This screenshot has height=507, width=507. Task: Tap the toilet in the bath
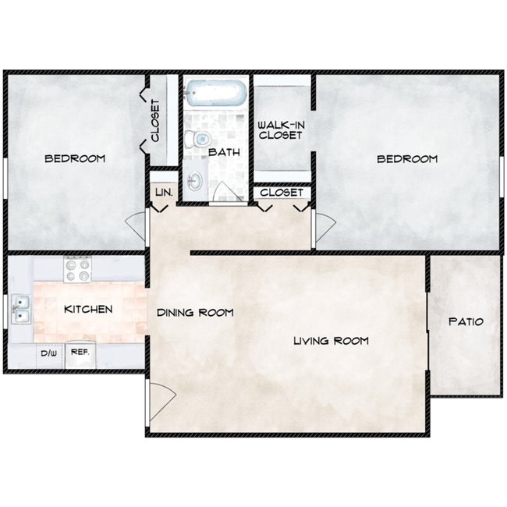pos(198,140)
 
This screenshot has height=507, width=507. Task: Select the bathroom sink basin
pos(195,180)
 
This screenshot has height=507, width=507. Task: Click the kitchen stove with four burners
pos(77,270)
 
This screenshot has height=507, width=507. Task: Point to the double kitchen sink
pos(21,310)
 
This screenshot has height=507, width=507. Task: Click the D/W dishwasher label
pos(49,353)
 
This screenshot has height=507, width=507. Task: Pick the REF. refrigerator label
pos(80,352)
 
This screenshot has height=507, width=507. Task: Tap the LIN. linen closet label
pos(165,193)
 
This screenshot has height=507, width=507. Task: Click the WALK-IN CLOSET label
pos(281,130)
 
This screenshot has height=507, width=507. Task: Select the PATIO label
pos(466,321)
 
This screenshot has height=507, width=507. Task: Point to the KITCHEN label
pos(88,309)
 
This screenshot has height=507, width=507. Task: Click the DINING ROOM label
pos(195,313)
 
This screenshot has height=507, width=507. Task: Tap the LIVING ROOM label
pos(331,341)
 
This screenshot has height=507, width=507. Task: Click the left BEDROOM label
pos(75,159)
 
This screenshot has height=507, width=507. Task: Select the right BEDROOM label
pos(407,159)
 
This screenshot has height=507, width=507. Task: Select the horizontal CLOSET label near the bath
pos(282,193)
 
